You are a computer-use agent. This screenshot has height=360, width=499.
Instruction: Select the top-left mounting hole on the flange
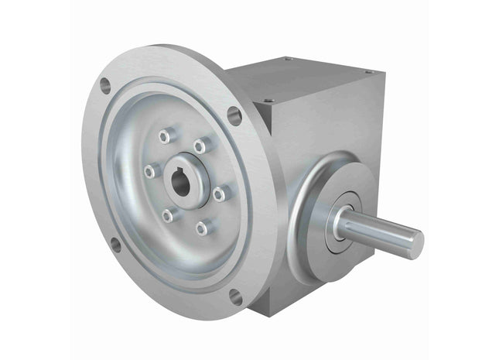point(106,87)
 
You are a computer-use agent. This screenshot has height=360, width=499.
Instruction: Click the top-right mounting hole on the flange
point(234,115)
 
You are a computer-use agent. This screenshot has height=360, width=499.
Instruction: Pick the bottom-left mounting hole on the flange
point(115,245)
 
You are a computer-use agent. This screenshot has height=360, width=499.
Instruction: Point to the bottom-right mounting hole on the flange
point(235,293)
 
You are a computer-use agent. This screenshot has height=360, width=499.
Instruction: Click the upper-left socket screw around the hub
point(165,137)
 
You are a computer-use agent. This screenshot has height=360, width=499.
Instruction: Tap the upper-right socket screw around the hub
point(200,146)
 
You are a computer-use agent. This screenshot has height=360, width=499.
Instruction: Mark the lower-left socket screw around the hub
point(167,217)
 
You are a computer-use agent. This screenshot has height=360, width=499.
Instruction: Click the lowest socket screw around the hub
point(202,228)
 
